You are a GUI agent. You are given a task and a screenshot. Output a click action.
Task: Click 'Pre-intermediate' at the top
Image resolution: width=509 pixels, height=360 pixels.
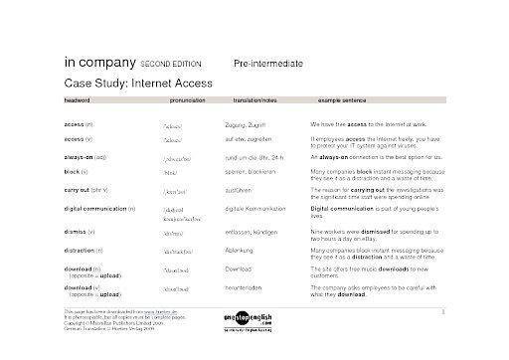268,63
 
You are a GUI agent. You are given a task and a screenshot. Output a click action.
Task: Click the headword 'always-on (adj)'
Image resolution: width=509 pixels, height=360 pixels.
91,157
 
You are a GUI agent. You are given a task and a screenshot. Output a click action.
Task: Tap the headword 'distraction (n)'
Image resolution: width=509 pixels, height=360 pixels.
88,250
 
